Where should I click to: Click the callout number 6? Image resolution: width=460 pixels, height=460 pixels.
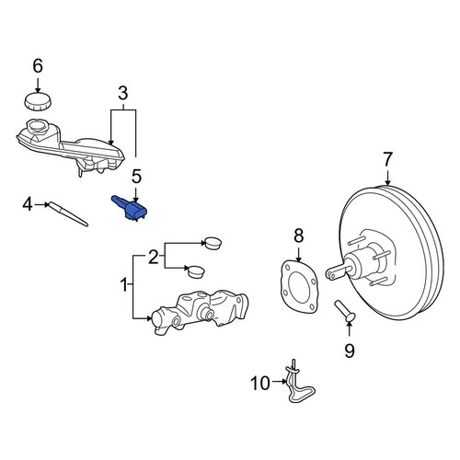coord(38,66)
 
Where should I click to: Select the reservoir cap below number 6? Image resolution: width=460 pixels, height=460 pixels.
coord(38,100)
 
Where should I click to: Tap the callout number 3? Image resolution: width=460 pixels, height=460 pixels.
coord(123,93)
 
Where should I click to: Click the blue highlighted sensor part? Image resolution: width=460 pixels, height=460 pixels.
coord(130,208)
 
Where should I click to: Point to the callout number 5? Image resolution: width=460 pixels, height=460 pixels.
coord(136,177)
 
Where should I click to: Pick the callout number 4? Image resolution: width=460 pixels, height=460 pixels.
coord(28,204)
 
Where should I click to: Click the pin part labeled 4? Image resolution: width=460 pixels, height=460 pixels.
coord(69,214)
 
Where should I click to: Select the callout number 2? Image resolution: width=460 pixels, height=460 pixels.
coord(154,257)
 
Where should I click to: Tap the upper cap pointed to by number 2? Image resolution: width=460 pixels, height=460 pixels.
coord(213,243)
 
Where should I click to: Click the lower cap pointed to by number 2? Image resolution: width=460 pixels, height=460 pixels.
coord(196,271)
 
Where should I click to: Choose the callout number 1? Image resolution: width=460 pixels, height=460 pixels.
coord(124,285)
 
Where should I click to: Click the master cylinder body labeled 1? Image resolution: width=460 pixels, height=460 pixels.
coord(199,312)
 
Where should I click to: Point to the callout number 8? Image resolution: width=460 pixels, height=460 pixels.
coord(298,236)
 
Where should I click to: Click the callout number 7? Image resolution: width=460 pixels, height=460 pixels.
coord(387,159)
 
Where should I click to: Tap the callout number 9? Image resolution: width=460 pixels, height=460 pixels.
coord(350,351)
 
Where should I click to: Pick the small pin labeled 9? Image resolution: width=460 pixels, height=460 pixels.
coord(345,311)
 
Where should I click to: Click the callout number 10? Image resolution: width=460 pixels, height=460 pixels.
coord(260,384)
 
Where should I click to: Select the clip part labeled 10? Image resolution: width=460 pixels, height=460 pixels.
coord(297,384)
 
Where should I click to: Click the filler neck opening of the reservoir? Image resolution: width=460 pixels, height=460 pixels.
coord(37,126)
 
